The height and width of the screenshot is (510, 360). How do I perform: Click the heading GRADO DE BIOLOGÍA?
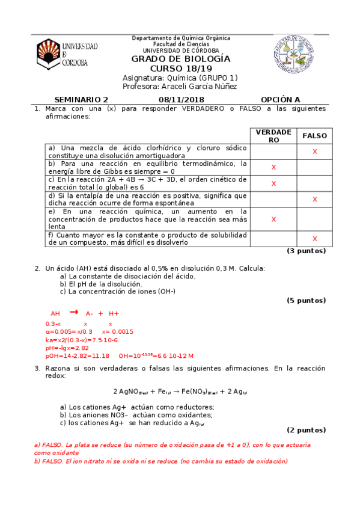tap(181, 59)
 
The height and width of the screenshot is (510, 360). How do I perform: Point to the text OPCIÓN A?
tap(280, 100)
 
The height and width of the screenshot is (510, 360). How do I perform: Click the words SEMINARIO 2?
tap(81, 100)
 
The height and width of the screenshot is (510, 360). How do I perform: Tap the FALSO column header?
tap(314, 136)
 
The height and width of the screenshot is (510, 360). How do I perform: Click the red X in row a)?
tap(314, 152)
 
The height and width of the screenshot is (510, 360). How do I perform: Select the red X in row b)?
tap(273, 167)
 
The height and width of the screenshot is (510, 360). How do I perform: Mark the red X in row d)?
tap(314, 199)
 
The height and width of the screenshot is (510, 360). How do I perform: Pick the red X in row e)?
tap(273, 220)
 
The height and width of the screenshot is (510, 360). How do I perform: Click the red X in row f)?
tap(314, 239)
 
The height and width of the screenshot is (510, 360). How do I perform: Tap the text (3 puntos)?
tap(305, 251)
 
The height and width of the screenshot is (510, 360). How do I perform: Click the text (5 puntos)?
tap(305, 300)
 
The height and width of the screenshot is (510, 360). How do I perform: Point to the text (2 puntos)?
tap(305, 430)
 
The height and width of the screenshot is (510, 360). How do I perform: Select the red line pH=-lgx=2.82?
tap(67, 348)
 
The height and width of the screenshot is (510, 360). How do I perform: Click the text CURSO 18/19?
tap(181, 69)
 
